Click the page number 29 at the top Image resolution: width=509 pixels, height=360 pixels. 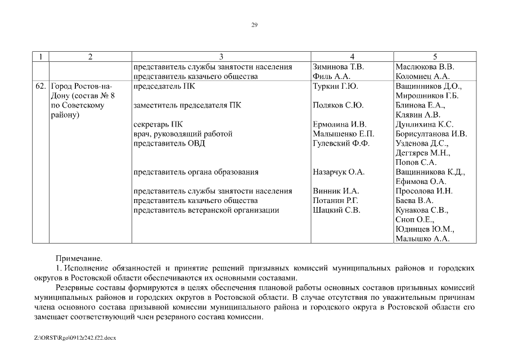click(x=254, y=25)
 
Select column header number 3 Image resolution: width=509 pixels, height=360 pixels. click(x=221, y=57)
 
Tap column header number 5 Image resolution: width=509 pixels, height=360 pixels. click(x=435, y=57)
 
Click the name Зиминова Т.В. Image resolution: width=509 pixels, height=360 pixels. click(x=338, y=66)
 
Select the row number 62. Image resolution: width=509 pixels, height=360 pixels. click(x=40, y=86)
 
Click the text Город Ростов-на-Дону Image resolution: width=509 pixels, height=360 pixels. click(x=82, y=91)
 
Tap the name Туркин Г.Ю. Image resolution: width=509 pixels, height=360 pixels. click(x=335, y=86)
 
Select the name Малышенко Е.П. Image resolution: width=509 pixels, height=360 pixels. click(x=343, y=134)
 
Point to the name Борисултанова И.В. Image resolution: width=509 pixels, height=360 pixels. click(x=431, y=134)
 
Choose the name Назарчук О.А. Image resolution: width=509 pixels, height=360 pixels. click(x=338, y=172)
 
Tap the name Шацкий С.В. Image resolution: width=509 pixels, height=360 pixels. click(x=336, y=210)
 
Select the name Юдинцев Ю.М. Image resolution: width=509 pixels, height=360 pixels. click(x=425, y=229)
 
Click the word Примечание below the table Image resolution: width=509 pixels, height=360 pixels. click(x=79, y=259)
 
